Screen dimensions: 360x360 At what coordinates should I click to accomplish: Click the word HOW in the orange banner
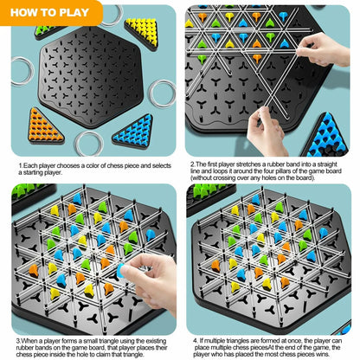[29, 13]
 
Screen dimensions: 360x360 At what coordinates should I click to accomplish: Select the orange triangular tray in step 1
[44, 125]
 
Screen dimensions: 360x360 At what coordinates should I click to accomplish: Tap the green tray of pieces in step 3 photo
[26, 190]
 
